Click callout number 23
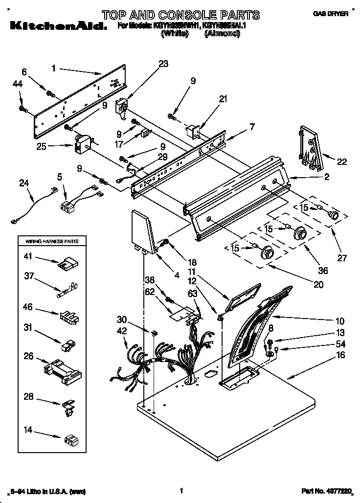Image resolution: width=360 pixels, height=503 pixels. (163, 63)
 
